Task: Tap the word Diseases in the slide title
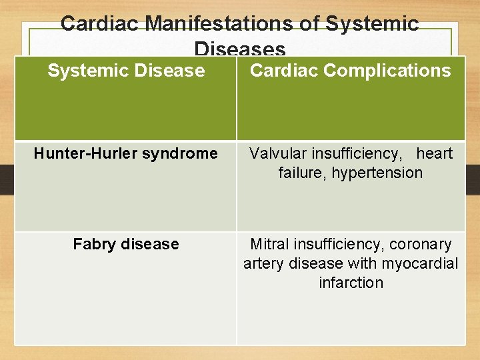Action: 240,49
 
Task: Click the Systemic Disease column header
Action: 126,71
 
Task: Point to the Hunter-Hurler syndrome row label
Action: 126,153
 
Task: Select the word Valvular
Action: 278,153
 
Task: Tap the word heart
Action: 434,153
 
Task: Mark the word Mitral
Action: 269,244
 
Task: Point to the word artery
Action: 264,263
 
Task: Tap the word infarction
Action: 351,283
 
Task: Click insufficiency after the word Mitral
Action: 338,244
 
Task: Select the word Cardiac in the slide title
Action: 101,24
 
